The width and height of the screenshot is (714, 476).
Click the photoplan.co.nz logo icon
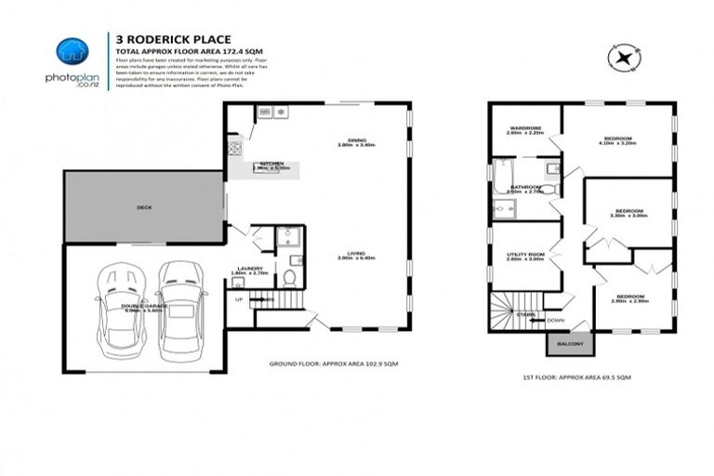pos(72,52)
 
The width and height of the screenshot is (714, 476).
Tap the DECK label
pos(144,207)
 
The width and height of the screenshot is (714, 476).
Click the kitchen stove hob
pos(236,147)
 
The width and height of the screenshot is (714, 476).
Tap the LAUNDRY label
pos(249,269)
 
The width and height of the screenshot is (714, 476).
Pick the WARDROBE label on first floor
pos(524,128)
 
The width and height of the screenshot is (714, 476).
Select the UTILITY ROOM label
pos(524,254)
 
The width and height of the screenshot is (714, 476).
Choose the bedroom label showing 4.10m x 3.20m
pos(617,140)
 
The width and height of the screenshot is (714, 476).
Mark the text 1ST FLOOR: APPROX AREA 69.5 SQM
pos(578,378)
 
